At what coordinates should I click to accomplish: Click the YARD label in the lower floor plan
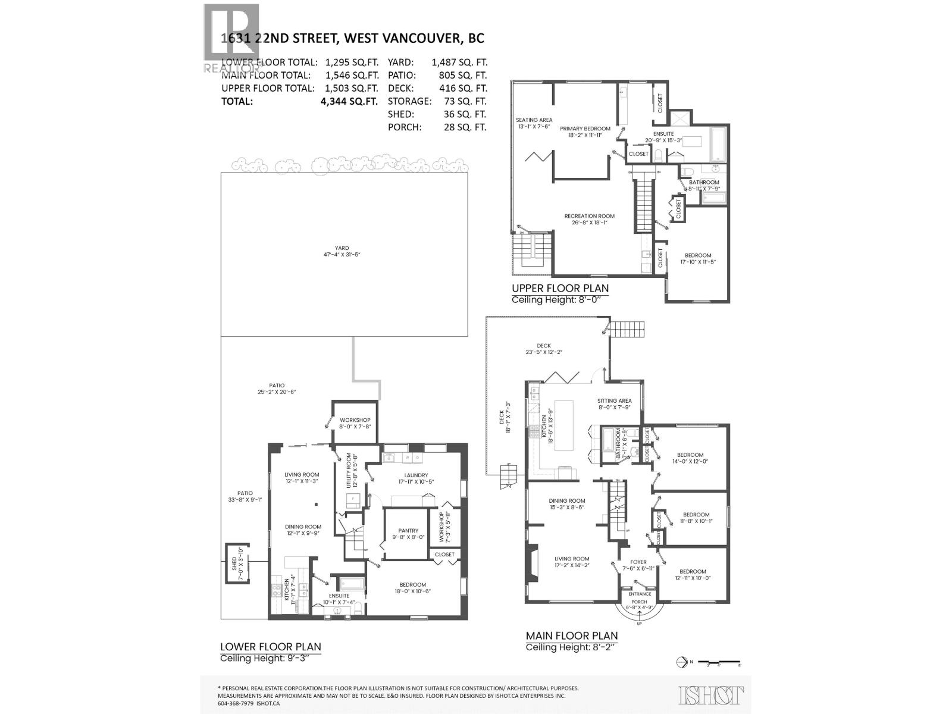(342, 248)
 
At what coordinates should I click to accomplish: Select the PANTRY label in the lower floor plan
(408, 530)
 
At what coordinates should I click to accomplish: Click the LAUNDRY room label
(416, 475)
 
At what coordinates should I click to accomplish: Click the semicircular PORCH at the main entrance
(640, 604)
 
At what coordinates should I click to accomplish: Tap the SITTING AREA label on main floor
(614, 400)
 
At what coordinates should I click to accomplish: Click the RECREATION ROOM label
(589, 216)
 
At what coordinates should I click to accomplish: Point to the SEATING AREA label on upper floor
(534, 120)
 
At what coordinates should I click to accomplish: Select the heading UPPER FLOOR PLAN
(560, 289)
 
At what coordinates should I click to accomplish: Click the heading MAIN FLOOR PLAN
(571, 636)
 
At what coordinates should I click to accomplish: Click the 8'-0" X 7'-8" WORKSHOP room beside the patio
(355, 423)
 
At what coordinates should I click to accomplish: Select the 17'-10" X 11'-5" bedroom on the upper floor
(697, 259)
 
